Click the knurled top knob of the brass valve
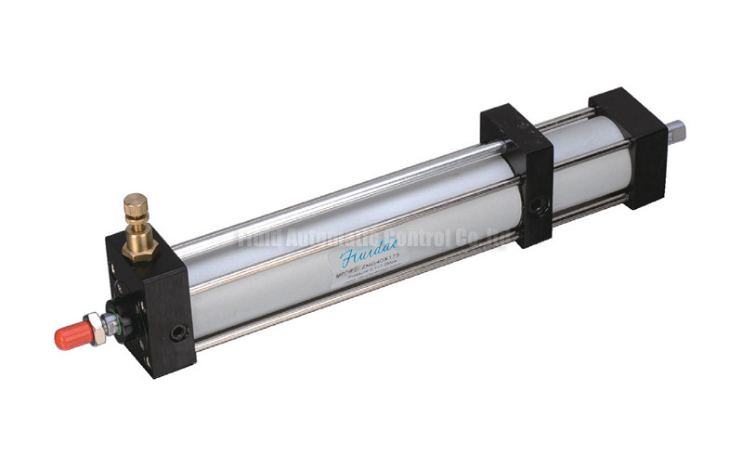[x=136, y=204]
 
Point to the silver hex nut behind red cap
[x=96, y=327]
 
